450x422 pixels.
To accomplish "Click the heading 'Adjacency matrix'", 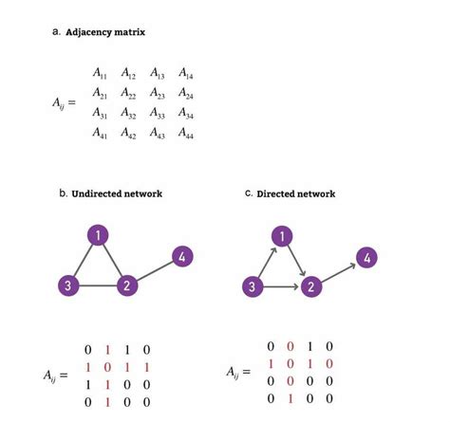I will coord(106,33).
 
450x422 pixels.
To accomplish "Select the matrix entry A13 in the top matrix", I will coord(158,73).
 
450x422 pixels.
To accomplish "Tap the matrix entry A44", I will coord(185,135).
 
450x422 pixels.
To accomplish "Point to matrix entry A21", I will coord(100,93).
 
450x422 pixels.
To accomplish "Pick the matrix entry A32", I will coord(129,114).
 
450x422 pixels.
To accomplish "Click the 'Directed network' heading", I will coord(295,193).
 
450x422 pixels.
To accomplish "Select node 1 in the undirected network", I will coord(98,235).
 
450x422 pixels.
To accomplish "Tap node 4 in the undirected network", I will coord(182,255).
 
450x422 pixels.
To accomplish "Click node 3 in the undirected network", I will coord(67,285).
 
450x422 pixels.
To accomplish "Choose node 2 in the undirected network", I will coord(125,285).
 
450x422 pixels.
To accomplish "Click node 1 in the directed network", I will coord(281,235).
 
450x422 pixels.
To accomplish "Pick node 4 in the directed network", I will coord(366,256).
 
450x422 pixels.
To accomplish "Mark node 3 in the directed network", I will coord(252,286).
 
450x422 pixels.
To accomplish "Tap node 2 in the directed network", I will coord(309,286).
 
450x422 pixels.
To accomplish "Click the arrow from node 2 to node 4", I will coord(338,271).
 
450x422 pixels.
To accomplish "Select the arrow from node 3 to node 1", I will coord(266,261).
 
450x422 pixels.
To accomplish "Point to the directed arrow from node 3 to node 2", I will coord(281,286).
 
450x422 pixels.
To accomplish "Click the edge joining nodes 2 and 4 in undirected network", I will coord(154,270).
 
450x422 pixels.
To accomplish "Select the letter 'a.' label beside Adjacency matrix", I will coord(56,33).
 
